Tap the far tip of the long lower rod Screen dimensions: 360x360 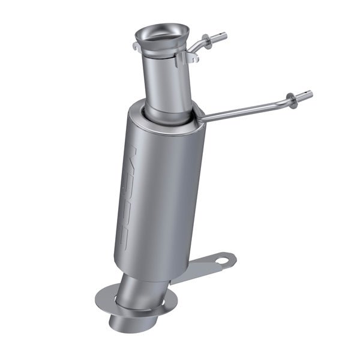pyautogui.click(x=310, y=94)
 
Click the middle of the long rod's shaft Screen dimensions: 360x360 pyautogui.click(x=246, y=109)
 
